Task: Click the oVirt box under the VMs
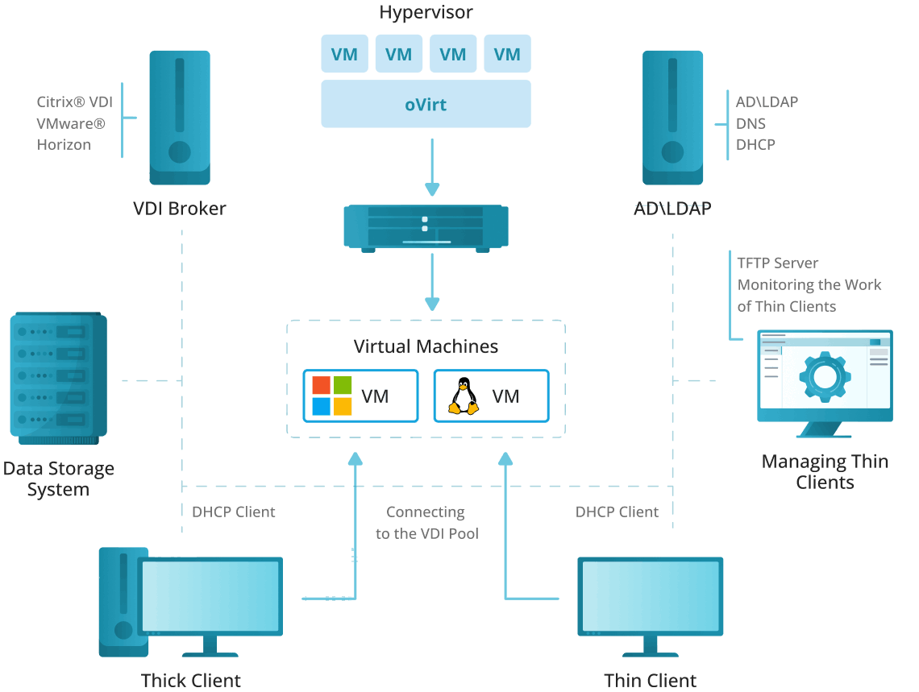point(426,104)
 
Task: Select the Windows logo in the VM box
point(332,396)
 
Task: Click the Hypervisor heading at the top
point(426,12)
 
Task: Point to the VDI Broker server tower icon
point(179,118)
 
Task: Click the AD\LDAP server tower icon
point(672,118)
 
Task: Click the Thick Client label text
point(190,680)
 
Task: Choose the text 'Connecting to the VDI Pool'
point(426,522)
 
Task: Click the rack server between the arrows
point(426,227)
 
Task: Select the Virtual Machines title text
point(426,346)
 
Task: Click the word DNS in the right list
point(751,123)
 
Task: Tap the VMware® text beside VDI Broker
point(71,123)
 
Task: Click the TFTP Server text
point(778,263)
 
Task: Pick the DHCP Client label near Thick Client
point(234,512)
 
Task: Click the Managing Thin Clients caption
point(825,472)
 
